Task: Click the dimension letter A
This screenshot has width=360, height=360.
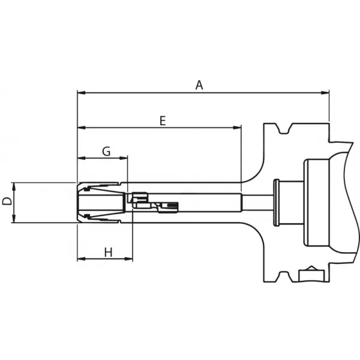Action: pyautogui.click(x=199, y=85)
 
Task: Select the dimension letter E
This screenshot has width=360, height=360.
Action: pyautogui.click(x=163, y=121)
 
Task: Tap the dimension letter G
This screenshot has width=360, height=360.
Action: pyautogui.click(x=106, y=152)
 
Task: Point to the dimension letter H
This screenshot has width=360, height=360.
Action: pyautogui.click(x=109, y=253)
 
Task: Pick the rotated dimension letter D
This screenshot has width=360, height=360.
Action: pyautogui.click(x=7, y=201)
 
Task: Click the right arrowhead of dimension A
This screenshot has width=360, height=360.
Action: pyautogui.click(x=325, y=93)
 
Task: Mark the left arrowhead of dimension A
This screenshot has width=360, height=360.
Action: pyautogui.click(x=82, y=93)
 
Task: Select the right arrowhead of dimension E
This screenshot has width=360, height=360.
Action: pyautogui.click(x=237, y=127)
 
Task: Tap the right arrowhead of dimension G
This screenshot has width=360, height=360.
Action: pyautogui.click(x=123, y=158)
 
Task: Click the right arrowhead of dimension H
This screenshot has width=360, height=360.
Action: pyautogui.click(x=128, y=259)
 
